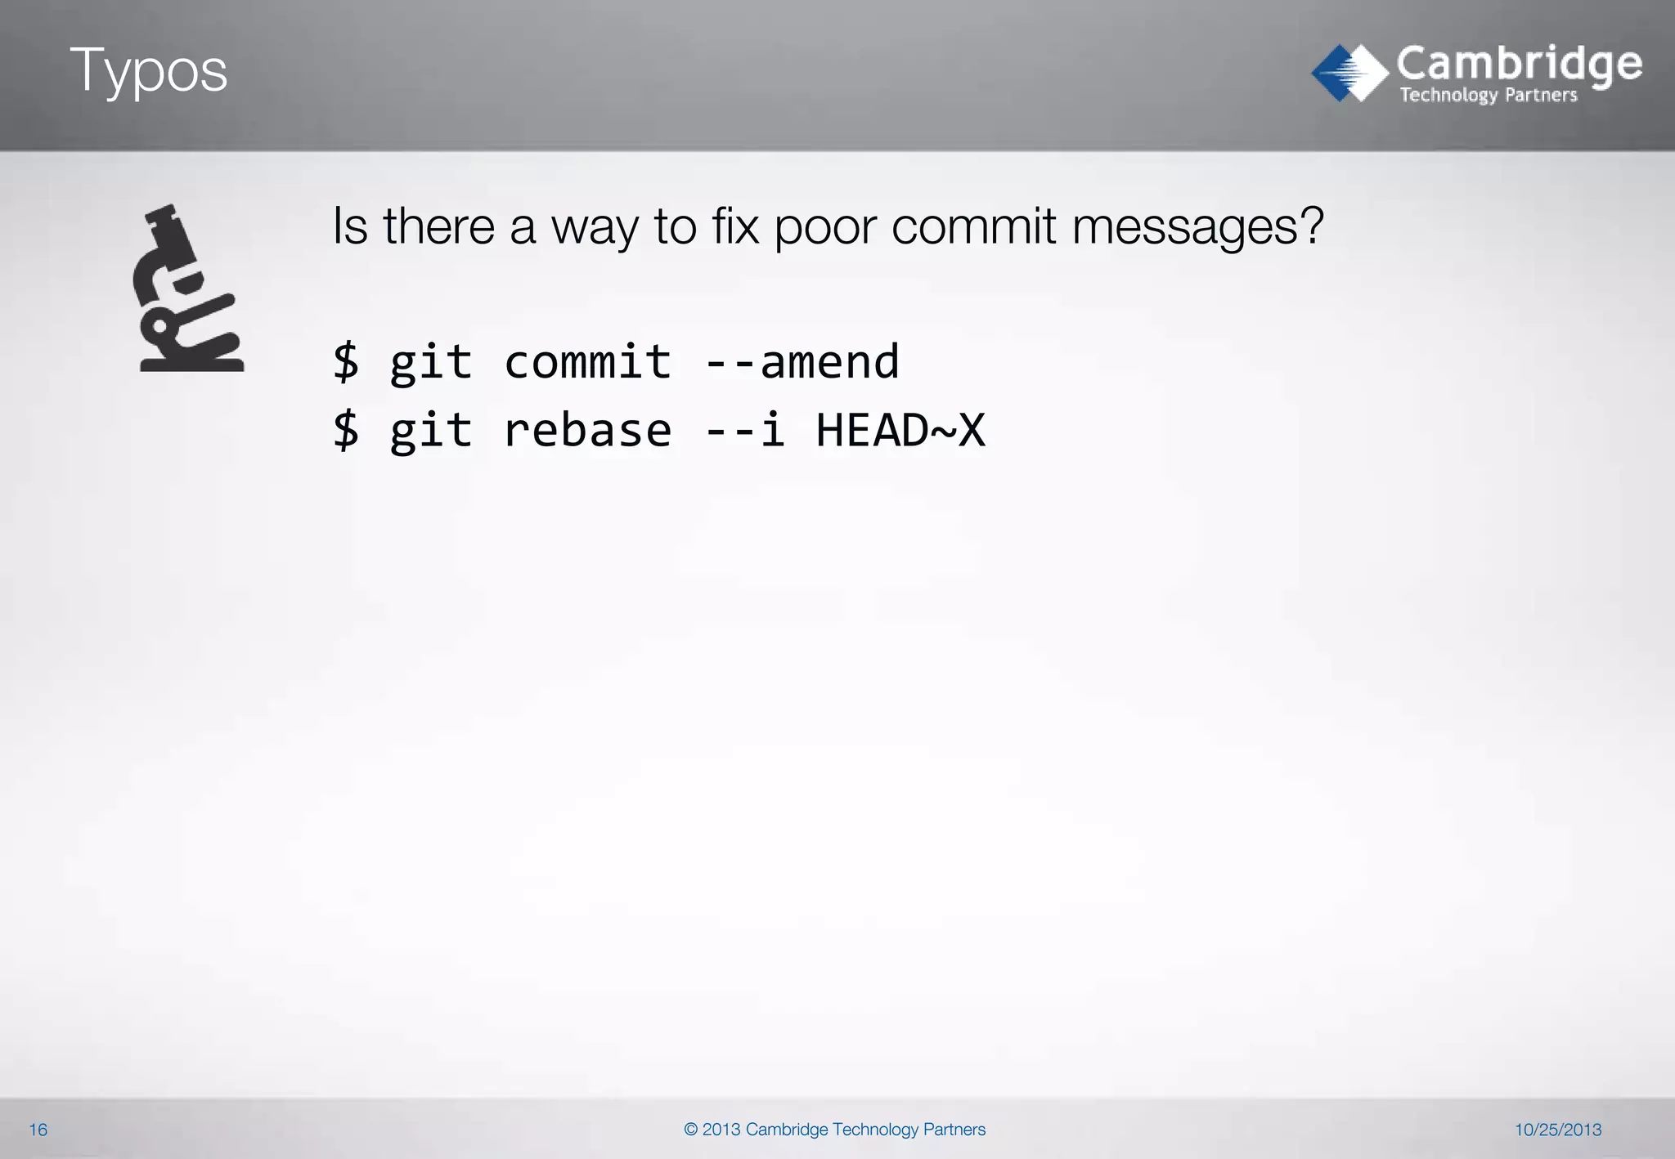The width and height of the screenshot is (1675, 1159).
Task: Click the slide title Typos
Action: point(148,71)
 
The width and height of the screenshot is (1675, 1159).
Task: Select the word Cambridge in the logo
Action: point(1519,64)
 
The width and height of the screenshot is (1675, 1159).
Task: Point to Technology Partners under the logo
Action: point(1488,96)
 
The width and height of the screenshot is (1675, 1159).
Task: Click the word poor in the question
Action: point(824,226)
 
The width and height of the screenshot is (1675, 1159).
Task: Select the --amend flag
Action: point(802,362)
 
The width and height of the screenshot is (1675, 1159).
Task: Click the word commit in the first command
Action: point(587,362)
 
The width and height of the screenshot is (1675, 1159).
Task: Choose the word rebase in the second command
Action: point(587,431)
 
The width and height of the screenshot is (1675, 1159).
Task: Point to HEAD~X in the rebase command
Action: point(900,431)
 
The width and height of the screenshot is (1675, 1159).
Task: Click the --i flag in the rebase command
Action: point(745,431)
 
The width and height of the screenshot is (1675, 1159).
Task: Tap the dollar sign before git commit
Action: point(346,362)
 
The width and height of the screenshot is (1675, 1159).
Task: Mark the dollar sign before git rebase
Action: point(346,431)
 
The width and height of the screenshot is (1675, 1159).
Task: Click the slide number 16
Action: point(38,1130)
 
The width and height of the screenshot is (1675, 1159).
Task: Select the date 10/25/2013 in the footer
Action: point(1557,1130)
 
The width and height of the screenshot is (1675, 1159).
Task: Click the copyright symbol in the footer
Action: point(690,1130)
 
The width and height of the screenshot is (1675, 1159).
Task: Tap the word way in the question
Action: point(595,228)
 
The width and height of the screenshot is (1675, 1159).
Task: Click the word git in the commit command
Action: point(431,362)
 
